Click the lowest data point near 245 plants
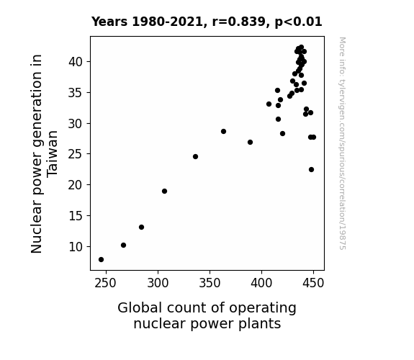point(101,260)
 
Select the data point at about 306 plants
point(164,192)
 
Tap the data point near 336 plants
point(195,157)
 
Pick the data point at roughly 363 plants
point(224,132)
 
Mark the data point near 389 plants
point(251,143)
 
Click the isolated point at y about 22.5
point(311,170)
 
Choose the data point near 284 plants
point(142,227)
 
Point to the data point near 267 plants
point(123,245)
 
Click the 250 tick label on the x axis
point(106,283)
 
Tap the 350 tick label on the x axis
point(210,283)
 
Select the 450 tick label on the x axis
point(313,283)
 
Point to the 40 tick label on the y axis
point(76,62)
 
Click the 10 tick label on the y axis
point(76,247)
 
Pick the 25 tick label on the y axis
point(76,155)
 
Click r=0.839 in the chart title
point(239,22)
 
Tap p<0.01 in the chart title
point(298,22)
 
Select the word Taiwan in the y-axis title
point(52,154)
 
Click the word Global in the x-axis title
point(140,308)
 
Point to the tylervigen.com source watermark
point(342,143)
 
